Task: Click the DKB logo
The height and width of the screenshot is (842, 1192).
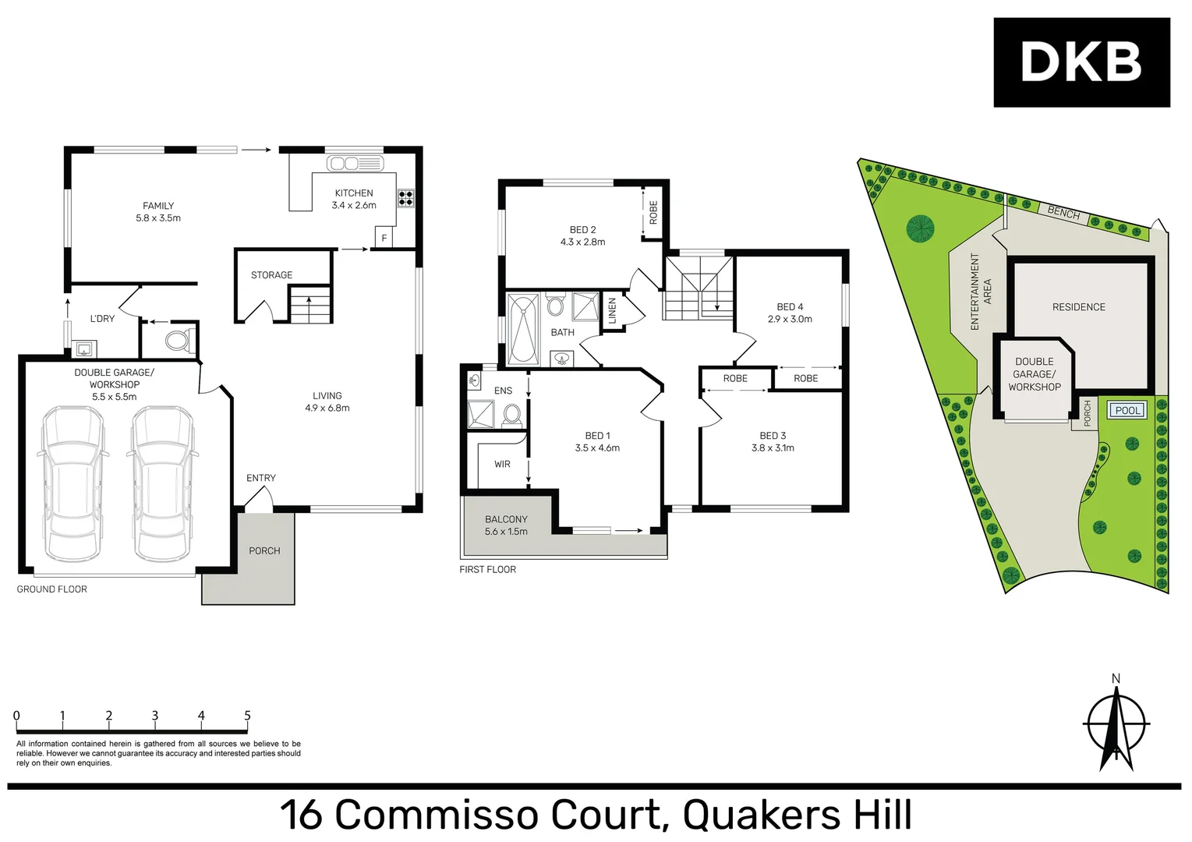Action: pyautogui.click(x=1081, y=62)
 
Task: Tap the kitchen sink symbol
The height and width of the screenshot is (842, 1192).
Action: pyautogui.click(x=355, y=163)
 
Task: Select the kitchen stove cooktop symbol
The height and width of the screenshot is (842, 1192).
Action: pyautogui.click(x=405, y=197)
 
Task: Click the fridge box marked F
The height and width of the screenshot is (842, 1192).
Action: pyautogui.click(x=384, y=238)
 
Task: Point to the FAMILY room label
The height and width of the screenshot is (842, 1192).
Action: pyautogui.click(x=158, y=206)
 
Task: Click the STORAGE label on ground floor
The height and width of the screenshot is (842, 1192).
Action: pyautogui.click(x=271, y=275)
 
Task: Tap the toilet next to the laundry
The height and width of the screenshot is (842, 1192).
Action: pyautogui.click(x=177, y=341)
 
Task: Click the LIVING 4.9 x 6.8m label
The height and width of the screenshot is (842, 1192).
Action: pyautogui.click(x=327, y=402)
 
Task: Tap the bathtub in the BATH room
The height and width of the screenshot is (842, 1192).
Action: pyautogui.click(x=522, y=330)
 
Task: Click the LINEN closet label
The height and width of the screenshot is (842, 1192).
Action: pyautogui.click(x=613, y=311)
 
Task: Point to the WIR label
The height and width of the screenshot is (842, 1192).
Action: pyautogui.click(x=502, y=464)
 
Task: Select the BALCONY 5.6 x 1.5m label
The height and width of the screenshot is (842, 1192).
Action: pyautogui.click(x=506, y=525)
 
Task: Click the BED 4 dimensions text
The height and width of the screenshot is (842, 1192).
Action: pyautogui.click(x=790, y=319)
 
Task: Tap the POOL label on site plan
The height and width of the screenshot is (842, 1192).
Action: pyautogui.click(x=1127, y=410)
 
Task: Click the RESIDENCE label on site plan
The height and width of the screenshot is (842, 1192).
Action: pyautogui.click(x=1078, y=307)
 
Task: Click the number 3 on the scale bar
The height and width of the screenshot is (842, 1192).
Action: pyautogui.click(x=154, y=716)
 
